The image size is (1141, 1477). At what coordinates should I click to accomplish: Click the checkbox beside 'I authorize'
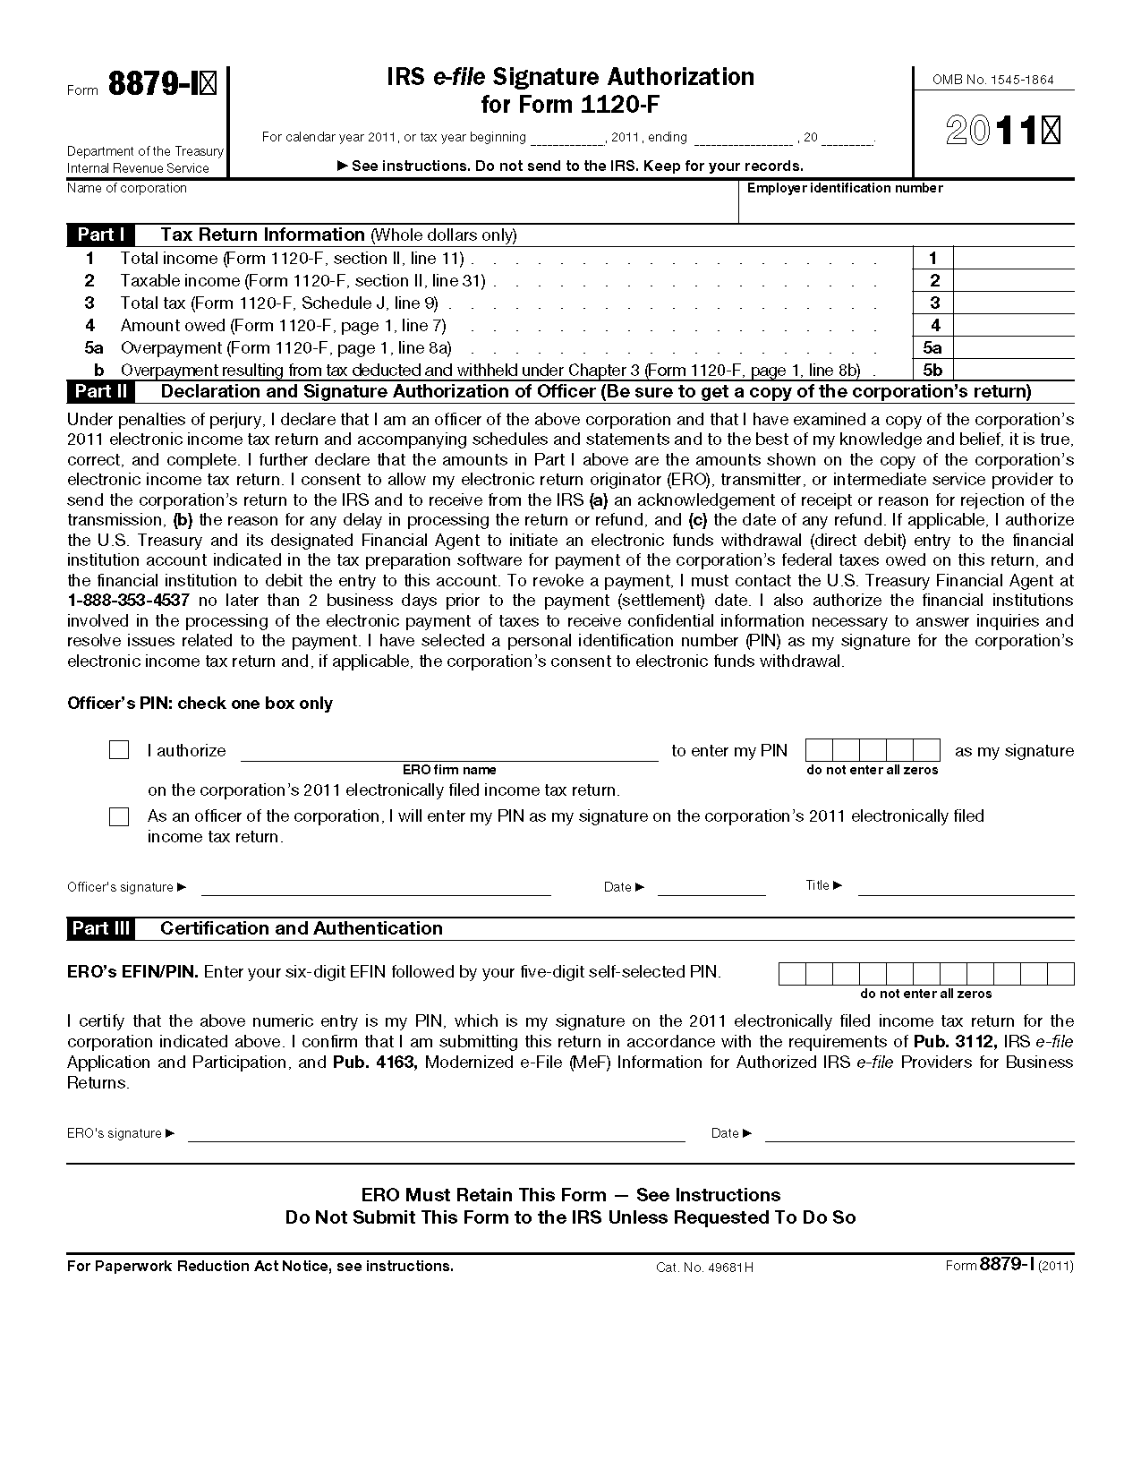119,750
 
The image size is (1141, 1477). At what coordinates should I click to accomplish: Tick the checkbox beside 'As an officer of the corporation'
119,816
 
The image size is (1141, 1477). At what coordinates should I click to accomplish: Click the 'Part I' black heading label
100,235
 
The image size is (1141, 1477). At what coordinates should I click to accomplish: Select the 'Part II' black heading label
100,391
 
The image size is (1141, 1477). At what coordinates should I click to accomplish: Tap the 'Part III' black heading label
100,928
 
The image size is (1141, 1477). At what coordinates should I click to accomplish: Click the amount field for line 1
1013,259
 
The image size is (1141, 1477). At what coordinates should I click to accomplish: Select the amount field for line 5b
1013,370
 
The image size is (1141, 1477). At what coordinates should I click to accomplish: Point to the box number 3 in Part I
934,303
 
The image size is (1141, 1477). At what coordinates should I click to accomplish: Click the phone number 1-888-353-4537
128,601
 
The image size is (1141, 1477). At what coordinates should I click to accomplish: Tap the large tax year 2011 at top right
1002,132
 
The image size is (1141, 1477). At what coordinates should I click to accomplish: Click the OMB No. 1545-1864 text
993,80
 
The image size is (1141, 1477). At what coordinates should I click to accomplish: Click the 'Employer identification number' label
845,188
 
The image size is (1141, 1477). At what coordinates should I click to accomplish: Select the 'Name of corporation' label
127,188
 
